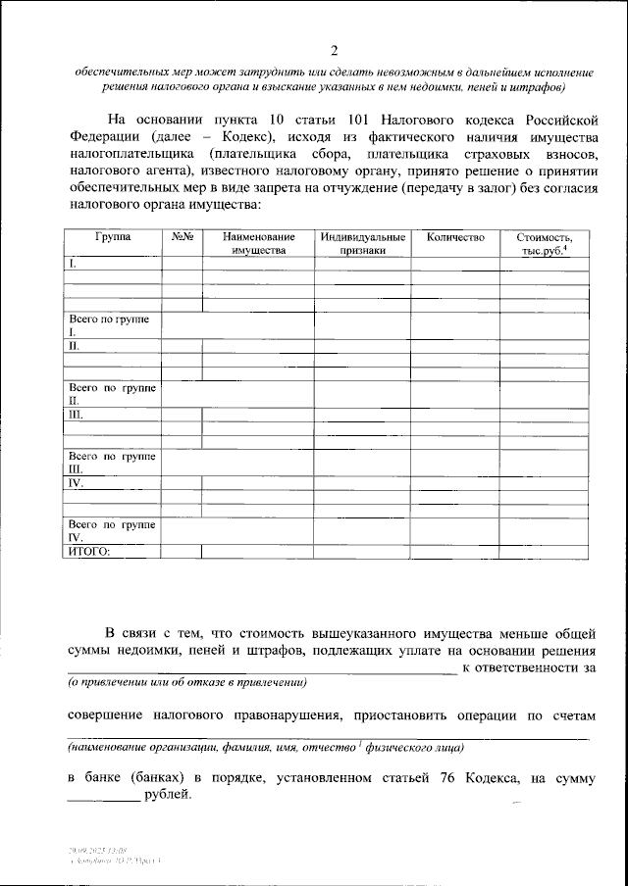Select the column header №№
click(x=182, y=237)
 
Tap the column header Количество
click(x=454, y=237)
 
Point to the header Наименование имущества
click(x=258, y=244)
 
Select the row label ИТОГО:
click(x=88, y=552)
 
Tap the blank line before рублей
click(x=103, y=799)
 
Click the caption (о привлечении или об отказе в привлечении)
click(x=187, y=683)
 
